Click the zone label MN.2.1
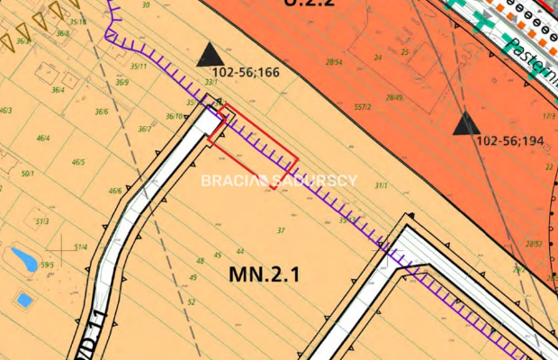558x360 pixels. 257,274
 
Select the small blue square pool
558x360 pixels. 24,298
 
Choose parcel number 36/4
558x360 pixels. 58,90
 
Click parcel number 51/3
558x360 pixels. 41,220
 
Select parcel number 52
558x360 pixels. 192,301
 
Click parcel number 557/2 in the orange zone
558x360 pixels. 363,106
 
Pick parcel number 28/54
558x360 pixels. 334,62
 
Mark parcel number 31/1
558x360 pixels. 380,184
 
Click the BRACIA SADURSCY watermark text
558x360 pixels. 278,180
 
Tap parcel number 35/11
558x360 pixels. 139,66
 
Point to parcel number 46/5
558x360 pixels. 78,162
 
